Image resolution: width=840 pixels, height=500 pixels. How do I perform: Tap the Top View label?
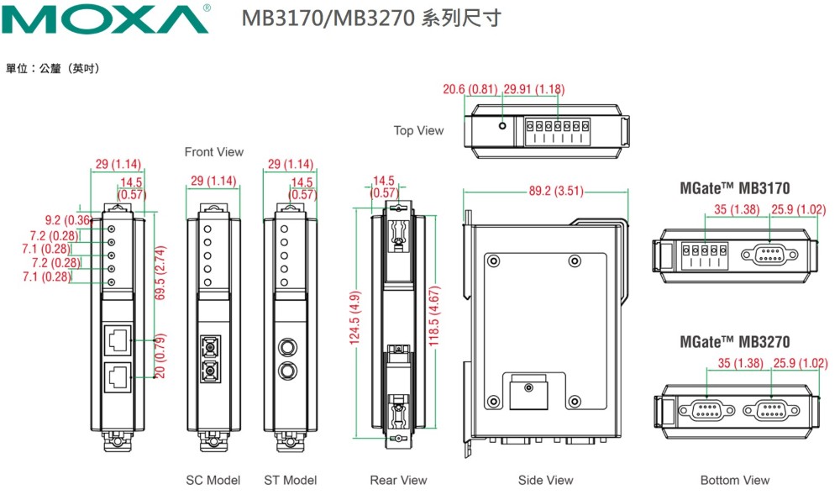coord(418,130)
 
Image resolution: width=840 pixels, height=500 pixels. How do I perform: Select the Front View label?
coord(214,152)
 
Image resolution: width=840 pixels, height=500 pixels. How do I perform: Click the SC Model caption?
coord(213,480)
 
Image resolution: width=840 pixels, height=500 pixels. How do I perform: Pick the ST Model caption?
coord(290,480)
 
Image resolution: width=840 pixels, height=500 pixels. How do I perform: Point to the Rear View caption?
coord(398,480)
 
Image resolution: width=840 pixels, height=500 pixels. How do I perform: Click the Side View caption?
coord(545,480)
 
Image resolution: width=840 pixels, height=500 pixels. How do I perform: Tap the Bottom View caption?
coord(735,480)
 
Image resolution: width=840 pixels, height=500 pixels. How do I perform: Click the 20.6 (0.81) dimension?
coord(470,89)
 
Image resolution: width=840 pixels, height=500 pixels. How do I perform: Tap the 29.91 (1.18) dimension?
coord(533,89)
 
